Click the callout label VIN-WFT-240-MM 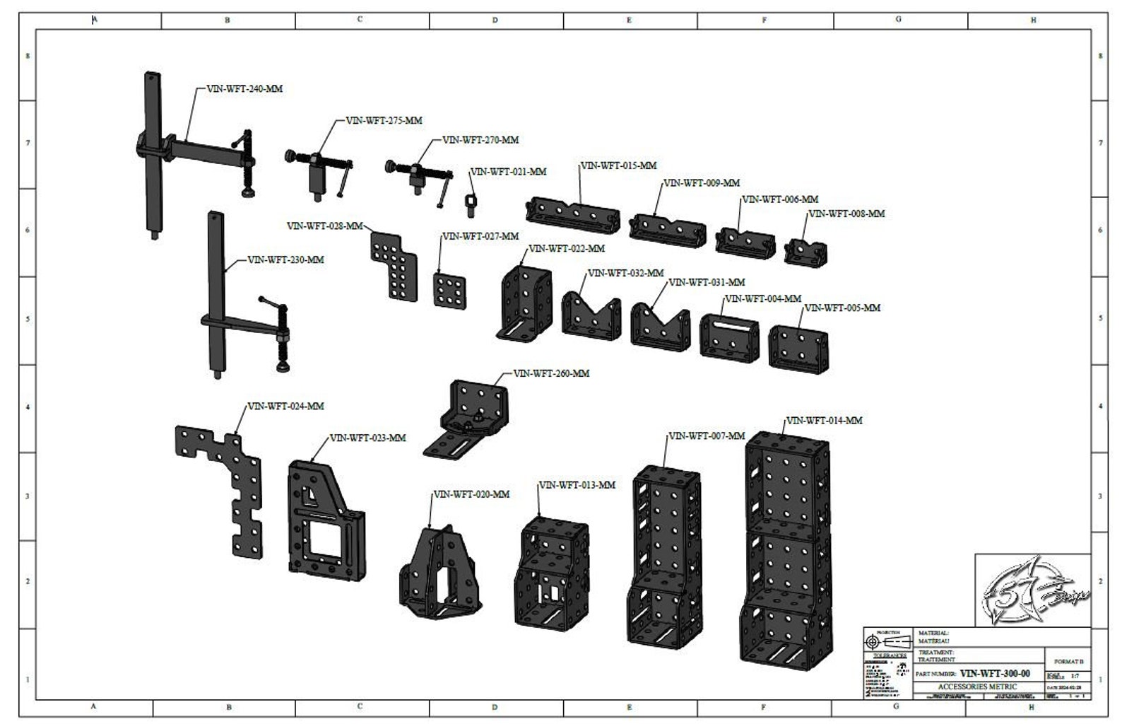click(244, 89)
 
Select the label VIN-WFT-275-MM click(384, 120)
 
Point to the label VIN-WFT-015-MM click(618, 165)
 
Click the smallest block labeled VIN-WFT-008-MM click(805, 252)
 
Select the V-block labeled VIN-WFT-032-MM click(591, 314)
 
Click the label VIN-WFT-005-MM click(842, 308)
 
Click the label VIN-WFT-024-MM click(285, 407)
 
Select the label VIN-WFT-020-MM click(471, 494)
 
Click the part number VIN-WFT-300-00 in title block click(995, 674)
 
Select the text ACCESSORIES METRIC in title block click(977, 687)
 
